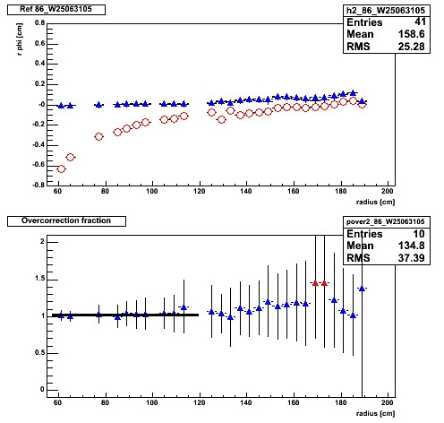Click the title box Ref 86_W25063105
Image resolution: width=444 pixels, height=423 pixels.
[56, 10]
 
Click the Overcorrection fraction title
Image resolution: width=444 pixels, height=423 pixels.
[66, 221]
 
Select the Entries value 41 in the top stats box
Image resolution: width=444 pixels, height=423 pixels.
[420, 22]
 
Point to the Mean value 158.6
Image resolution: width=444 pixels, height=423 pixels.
[411, 34]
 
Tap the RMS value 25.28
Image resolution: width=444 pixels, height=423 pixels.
[411, 47]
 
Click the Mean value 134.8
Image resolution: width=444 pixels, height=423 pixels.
[411, 246]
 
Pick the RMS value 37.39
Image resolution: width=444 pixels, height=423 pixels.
[411, 258]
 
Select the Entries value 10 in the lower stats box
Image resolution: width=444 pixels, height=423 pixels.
[419, 234]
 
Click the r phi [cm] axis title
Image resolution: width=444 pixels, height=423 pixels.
[20, 39]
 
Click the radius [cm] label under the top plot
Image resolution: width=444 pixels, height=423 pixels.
[375, 203]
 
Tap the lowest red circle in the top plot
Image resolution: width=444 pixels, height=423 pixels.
[61, 169]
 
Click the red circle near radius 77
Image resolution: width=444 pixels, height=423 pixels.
[98, 137]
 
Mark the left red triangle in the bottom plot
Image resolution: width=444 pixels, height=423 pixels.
[315, 283]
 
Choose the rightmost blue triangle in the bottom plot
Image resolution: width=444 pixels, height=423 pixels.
[362, 289]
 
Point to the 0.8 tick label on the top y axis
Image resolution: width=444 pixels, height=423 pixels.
[39, 23]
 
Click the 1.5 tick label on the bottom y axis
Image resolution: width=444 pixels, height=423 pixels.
[39, 279]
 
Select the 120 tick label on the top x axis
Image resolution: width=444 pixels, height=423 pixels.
[200, 191]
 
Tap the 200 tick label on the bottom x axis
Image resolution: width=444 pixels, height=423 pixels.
[388, 402]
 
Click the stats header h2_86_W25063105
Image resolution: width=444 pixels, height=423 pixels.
[386, 11]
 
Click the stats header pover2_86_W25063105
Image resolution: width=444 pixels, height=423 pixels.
[386, 222]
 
